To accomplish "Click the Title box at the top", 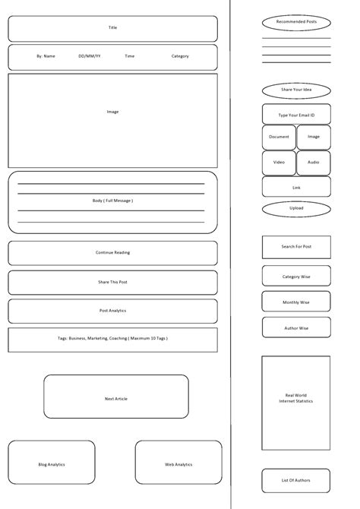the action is click(x=112, y=28).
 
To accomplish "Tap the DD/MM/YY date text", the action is click(x=89, y=56).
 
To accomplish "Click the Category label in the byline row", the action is click(x=180, y=56).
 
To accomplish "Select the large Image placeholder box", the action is click(x=112, y=120).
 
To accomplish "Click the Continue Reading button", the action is click(x=112, y=253).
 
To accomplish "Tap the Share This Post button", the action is click(x=112, y=283).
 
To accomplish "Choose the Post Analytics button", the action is click(x=112, y=311).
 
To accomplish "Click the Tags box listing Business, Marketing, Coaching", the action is click(x=112, y=340).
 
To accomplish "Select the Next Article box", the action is click(x=115, y=397).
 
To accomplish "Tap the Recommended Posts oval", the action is click(x=296, y=22).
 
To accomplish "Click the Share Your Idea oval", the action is click(x=296, y=90).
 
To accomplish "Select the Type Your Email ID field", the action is click(x=296, y=115).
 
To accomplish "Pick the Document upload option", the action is click(x=279, y=138).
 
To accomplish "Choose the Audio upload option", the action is click(x=314, y=163).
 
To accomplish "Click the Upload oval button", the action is click(x=296, y=208).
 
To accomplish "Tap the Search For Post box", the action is click(x=296, y=247).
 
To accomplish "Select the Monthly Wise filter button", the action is click(x=296, y=302).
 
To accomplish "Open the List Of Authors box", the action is click(x=296, y=480).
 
